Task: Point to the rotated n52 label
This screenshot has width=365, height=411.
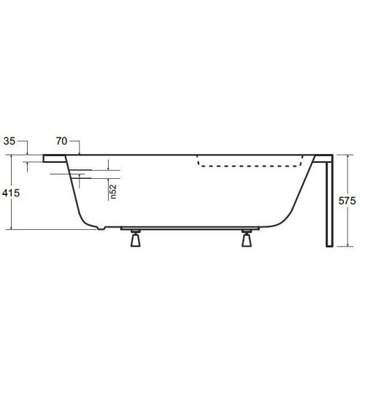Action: pos(113,191)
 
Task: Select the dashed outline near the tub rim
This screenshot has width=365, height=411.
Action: pos(248,166)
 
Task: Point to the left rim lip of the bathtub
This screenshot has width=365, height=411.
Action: pos(54,157)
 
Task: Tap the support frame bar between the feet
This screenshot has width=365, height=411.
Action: pos(190,228)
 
